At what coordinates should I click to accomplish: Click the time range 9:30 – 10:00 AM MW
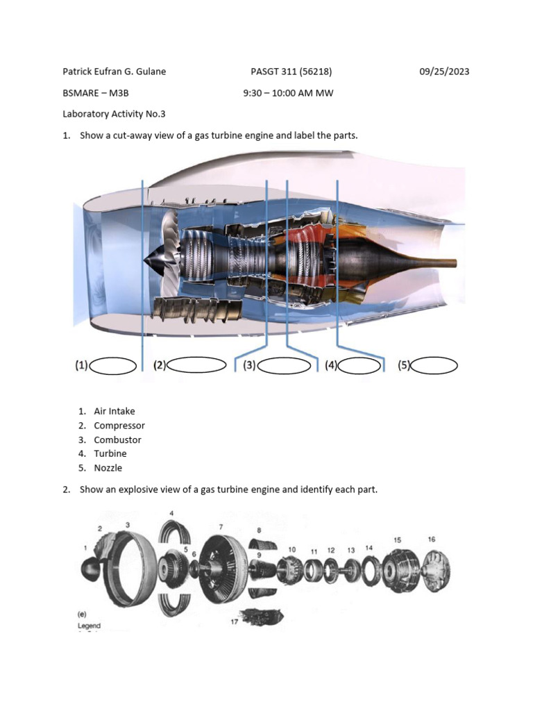[288, 93]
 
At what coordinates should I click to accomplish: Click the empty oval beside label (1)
[113, 365]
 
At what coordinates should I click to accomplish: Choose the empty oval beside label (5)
[434, 365]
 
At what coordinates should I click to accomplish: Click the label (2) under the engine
[160, 365]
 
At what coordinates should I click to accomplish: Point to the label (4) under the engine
[331, 365]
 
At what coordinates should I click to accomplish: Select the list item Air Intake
[115, 411]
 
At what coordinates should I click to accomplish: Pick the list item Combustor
[117, 440]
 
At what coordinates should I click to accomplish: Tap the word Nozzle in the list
[108, 468]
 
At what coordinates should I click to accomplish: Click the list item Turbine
[110, 453]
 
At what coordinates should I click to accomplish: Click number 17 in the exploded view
[235, 621]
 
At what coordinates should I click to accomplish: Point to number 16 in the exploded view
[432, 539]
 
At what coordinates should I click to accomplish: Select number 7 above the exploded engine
[221, 527]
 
